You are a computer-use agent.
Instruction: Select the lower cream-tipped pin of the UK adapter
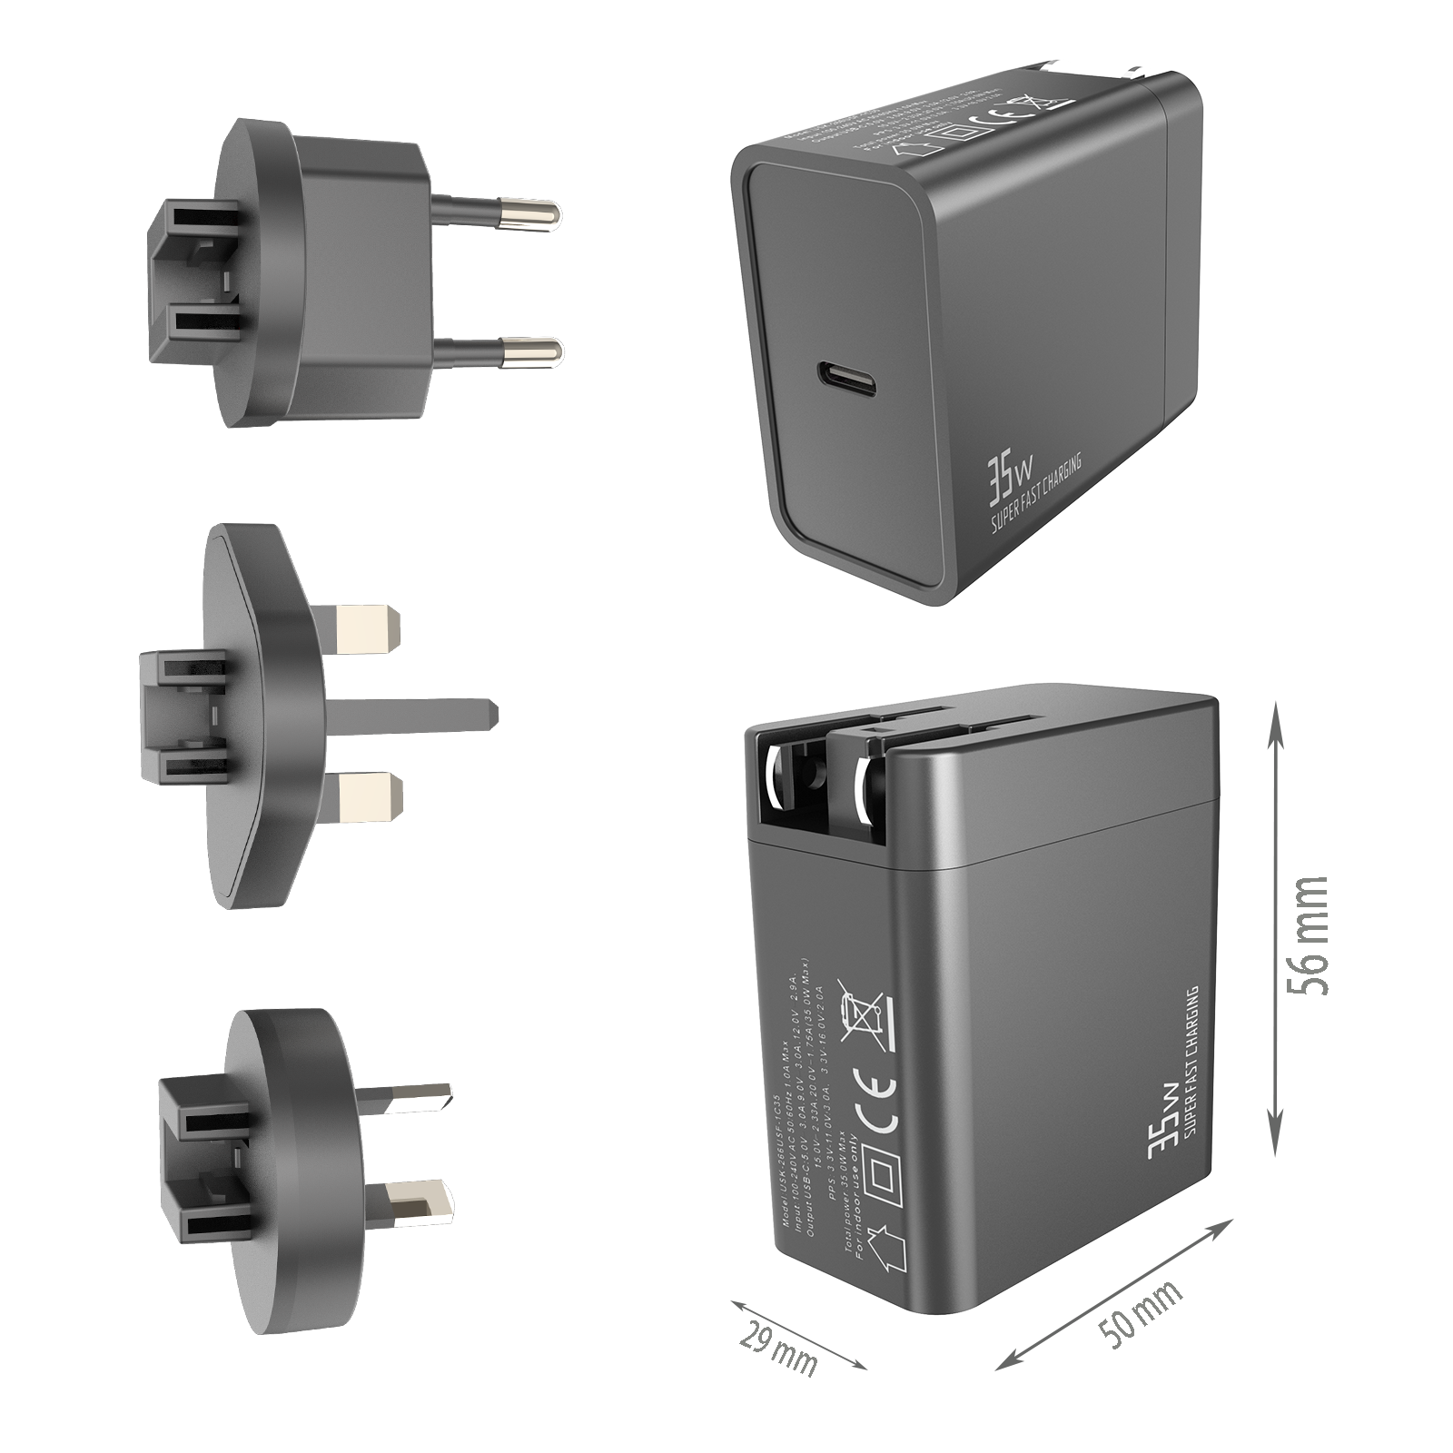point(368,794)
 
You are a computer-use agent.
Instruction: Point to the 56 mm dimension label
point(1308,935)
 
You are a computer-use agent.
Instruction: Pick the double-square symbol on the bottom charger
point(884,1179)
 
